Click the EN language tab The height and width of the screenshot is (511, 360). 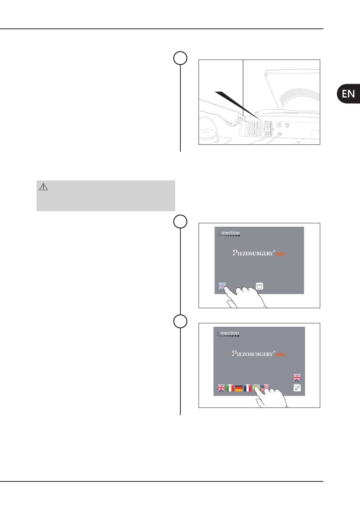click(x=348, y=94)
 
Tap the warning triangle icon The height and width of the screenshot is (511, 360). click(x=43, y=187)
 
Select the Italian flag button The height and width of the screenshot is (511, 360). click(x=230, y=388)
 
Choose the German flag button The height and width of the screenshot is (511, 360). click(x=239, y=388)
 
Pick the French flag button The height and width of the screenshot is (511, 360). click(x=247, y=388)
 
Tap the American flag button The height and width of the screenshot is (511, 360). click(x=265, y=387)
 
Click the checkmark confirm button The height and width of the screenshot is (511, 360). click(x=297, y=388)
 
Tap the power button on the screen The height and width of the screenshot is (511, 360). click(x=260, y=286)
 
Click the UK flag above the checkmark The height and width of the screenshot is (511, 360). click(x=297, y=378)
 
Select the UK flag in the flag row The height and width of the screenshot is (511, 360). click(x=221, y=388)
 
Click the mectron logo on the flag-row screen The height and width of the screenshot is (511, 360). click(x=229, y=334)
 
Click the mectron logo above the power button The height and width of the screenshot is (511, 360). click(x=229, y=234)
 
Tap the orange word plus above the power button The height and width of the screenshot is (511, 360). click(x=281, y=254)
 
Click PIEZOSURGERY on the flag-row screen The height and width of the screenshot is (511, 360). click(x=252, y=354)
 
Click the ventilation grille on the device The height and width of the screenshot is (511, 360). click(x=251, y=129)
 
